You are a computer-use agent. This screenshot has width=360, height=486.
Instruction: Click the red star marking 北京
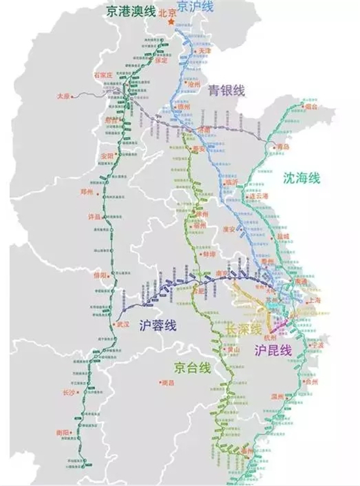[x=172, y=22]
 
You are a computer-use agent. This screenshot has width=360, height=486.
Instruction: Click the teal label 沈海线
[x=301, y=178]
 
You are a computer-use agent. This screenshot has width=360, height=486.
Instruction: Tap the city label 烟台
[x=310, y=105]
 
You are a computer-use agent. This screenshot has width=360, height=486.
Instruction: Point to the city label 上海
[x=315, y=300]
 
